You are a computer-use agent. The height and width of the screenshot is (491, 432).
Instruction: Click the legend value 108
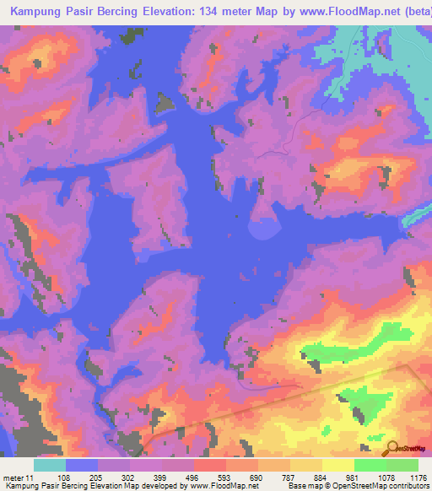63,477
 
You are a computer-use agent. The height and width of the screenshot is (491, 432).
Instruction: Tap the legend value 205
95,477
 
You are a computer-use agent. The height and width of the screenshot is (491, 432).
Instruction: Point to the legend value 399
159,477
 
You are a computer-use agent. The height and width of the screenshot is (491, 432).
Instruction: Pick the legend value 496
192,477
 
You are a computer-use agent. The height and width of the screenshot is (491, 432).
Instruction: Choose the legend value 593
224,477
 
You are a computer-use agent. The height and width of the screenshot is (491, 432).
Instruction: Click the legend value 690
256,477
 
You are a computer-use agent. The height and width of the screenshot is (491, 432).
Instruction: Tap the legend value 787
288,477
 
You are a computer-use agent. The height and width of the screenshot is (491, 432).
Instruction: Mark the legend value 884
320,477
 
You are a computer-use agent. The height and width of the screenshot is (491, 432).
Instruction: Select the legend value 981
352,477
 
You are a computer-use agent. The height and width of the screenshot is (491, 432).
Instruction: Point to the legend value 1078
386,477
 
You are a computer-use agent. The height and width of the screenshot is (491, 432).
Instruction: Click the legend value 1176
418,477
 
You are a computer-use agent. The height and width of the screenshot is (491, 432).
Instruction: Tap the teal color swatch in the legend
50,465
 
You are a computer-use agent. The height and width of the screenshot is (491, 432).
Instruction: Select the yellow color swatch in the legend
337,465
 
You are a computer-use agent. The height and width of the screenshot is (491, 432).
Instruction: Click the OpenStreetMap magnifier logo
391,448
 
